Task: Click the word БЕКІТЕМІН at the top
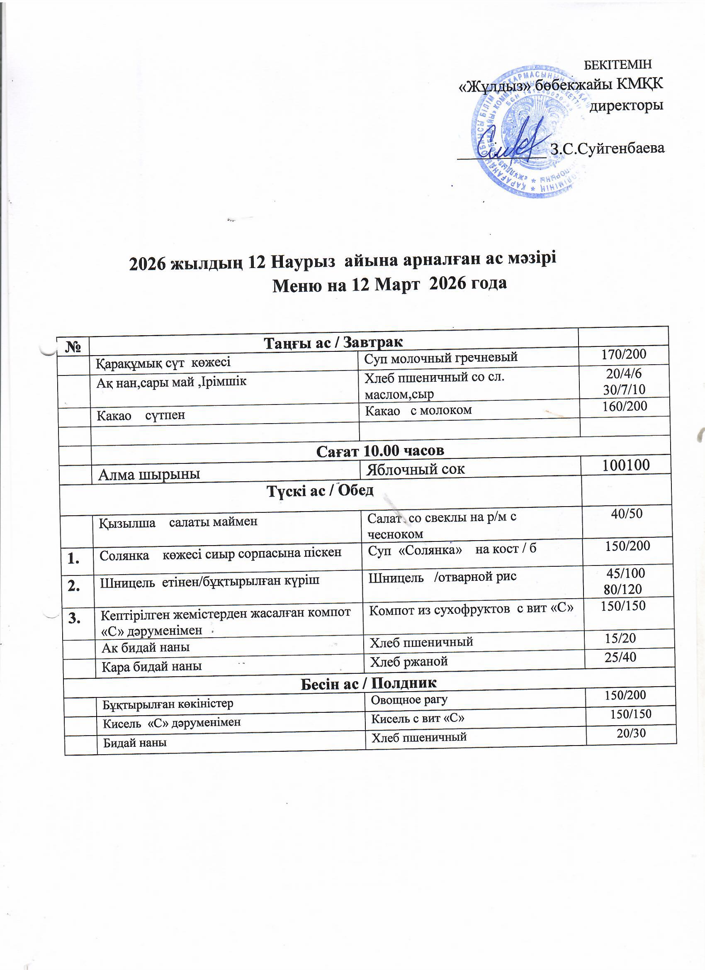point(617,65)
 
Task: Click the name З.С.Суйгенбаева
point(607,149)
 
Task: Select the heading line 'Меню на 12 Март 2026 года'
point(389,283)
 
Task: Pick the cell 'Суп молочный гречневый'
point(440,357)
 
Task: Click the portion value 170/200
point(624,354)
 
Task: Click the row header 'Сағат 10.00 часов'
point(380,451)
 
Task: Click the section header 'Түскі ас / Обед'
point(321,491)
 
